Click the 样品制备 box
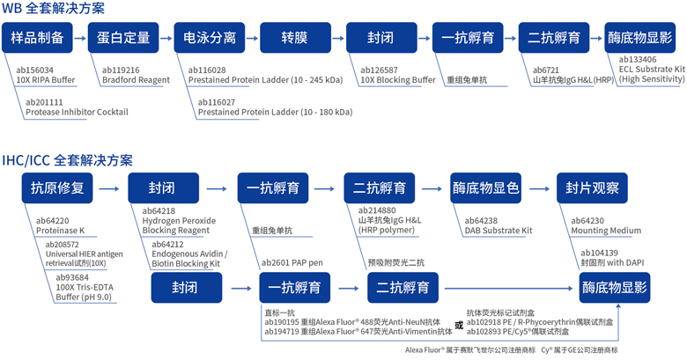click(37, 39)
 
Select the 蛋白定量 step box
click(122, 39)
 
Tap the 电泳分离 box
click(210, 39)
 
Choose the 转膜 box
click(295, 39)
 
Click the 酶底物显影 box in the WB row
click(641, 39)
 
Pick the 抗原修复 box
click(57, 188)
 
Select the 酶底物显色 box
click(485, 188)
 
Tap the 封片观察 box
click(592, 188)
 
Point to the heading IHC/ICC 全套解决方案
click(68, 160)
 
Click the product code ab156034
click(35, 70)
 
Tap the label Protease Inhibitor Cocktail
click(78, 112)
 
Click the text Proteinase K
click(60, 231)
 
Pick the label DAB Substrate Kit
click(498, 231)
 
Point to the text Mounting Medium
click(606, 231)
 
